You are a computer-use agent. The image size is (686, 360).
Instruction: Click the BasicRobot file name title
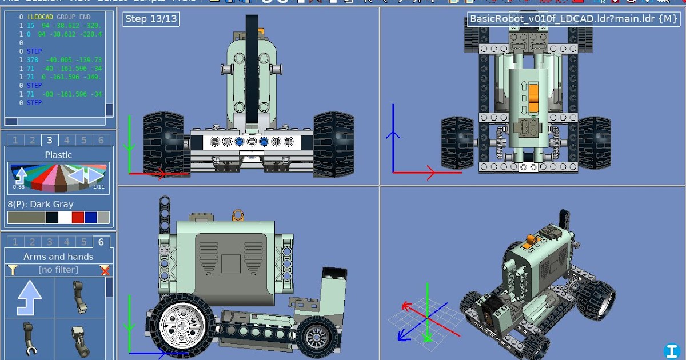coord(573,19)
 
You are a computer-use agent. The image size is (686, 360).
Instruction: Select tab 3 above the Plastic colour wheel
coord(50,140)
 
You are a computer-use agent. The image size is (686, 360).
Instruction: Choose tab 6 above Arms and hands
coord(101,242)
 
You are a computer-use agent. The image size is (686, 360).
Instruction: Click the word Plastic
coord(58,155)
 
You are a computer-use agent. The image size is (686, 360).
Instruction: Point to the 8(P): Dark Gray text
coord(41,204)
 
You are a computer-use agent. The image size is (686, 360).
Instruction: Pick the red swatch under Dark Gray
coord(78,218)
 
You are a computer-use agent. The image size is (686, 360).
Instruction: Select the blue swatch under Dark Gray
coord(90,218)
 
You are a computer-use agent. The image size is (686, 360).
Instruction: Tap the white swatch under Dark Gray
coord(65,218)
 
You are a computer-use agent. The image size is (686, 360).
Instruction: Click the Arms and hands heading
coord(58,257)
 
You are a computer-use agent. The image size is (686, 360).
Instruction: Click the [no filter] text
coord(58,270)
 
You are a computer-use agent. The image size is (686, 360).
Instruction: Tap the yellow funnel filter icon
coord(13,270)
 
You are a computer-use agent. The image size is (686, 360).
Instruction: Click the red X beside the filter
coord(105,270)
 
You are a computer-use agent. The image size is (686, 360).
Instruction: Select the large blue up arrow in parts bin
coord(30,298)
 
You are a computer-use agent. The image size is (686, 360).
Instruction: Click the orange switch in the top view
coord(534,98)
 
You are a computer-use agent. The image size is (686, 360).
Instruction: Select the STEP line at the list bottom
coord(34,103)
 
